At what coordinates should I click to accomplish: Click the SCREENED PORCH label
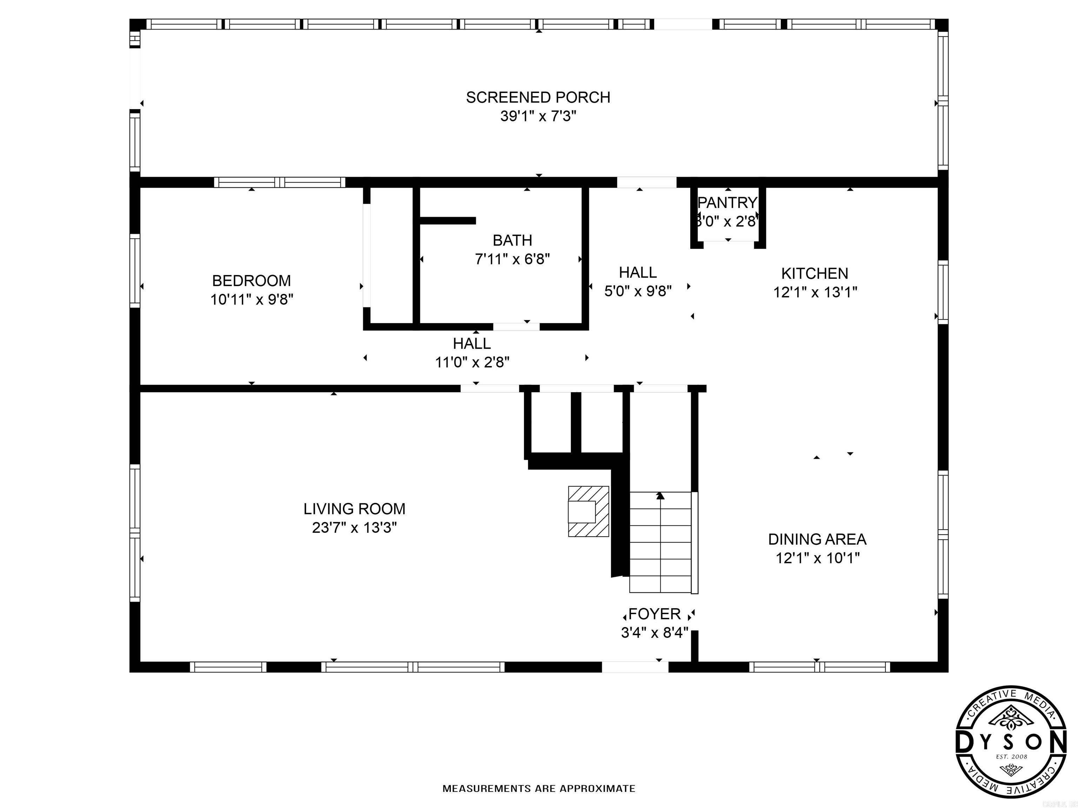pyautogui.click(x=538, y=97)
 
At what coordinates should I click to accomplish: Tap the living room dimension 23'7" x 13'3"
pyautogui.click(x=354, y=527)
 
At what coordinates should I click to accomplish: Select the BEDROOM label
pyautogui.click(x=252, y=281)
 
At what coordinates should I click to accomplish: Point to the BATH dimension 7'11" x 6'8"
pyautogui.click(x=512, y=259)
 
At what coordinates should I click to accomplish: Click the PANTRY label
pyautogui.click(x=727, y=202)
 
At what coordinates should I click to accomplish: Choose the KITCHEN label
pyautogui.click(x=815, y=273)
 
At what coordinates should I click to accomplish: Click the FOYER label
pyautogui.click(x=654, y=614)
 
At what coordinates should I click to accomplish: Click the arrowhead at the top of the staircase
pyautogui.click(x=660, y=496)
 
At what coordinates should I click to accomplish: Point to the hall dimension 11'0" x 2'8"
pyautogui.click(x=472, y=362)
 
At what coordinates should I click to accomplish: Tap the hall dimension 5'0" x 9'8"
pyautogui.click(x=638, y=291)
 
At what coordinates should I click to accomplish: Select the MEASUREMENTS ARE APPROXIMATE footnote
pyautogui.click(x=539, y=788)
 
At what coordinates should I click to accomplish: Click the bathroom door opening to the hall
pyautogui.click(x=516, y=327)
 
